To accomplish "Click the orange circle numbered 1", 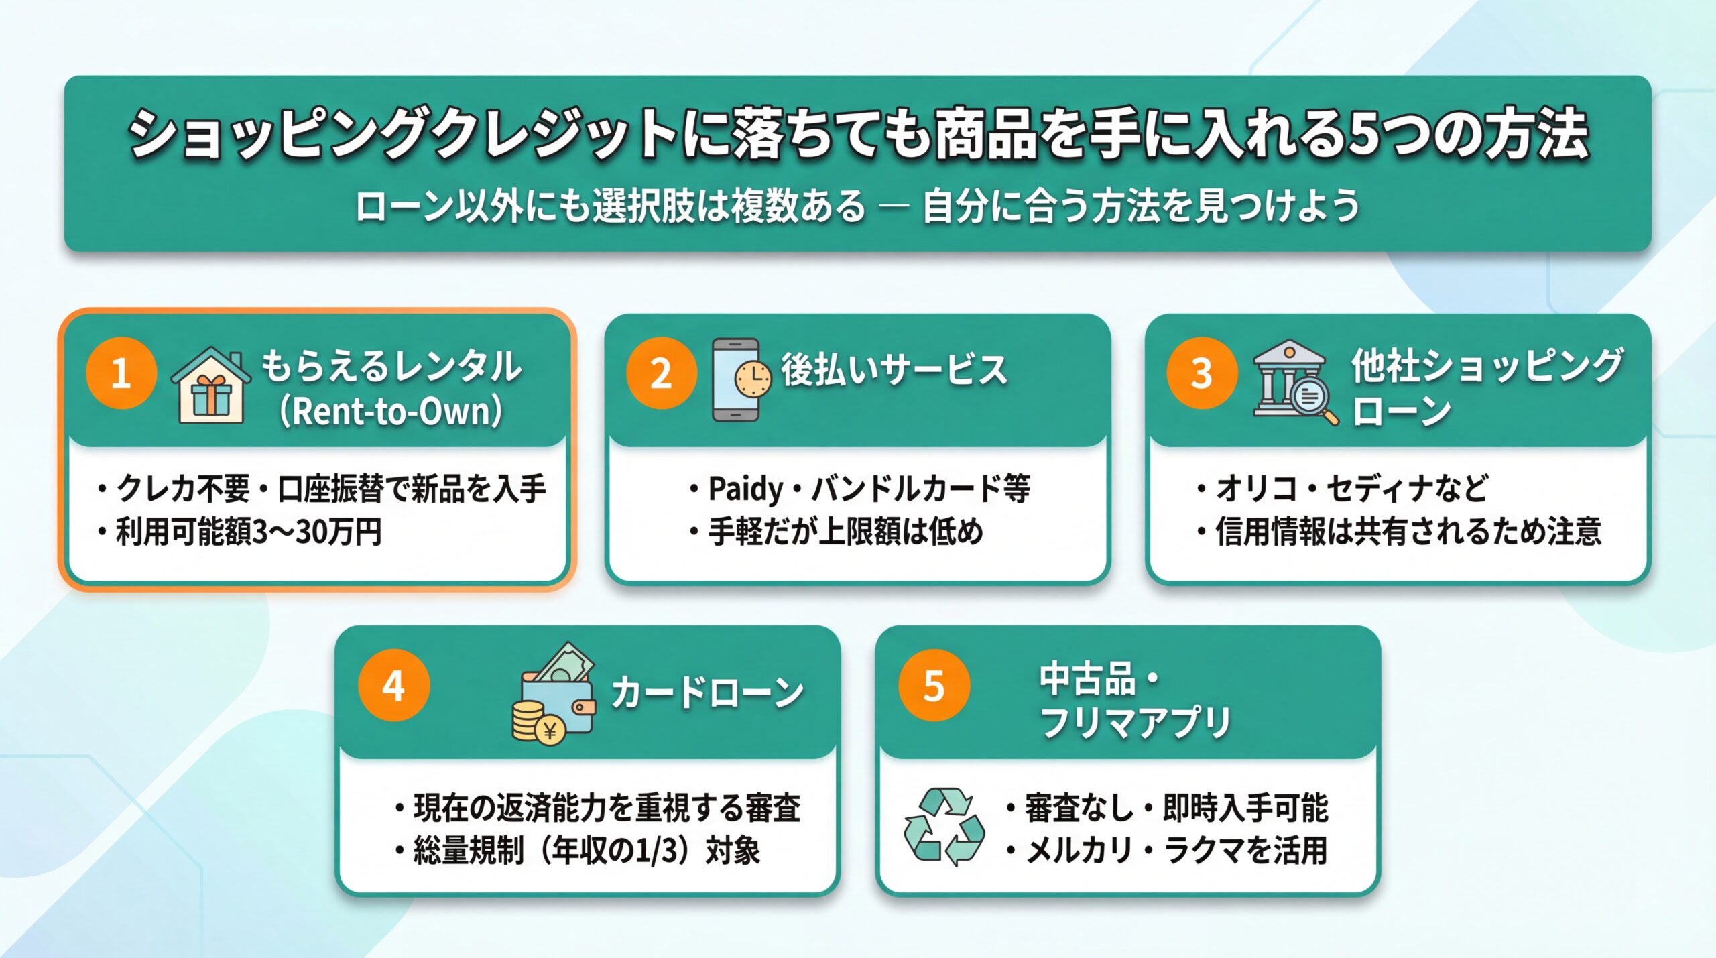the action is click(x=121, y=373).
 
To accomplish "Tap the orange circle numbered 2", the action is click(x=661, y=373).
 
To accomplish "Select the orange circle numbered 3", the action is click(x=1201, y=373).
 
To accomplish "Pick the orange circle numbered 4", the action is click(x=393, y=685).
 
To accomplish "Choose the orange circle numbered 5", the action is click(x=934, y=685).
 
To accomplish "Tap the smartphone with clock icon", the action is click(x=740, y=379).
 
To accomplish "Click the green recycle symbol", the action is click(x=944, y=827).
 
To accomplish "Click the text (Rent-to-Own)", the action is click(x=391, y=411).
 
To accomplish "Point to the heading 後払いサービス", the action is click(x=894, y=370).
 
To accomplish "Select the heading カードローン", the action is click(x=708, y=692).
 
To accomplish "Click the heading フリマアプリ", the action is click(x=1136, y=723).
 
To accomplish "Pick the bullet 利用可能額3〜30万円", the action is click(x=248, y=532).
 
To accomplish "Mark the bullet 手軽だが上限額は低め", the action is click(x=845, y=532).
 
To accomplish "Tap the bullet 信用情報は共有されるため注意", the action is click(x=1408, y=532).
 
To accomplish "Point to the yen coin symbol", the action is click(x=550, y=731).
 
